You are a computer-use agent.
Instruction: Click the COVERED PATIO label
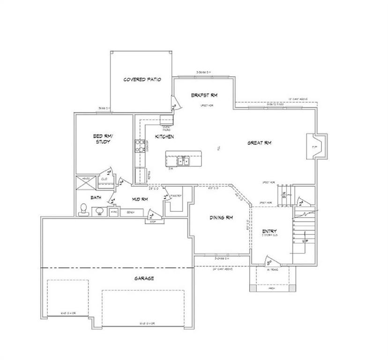(x=142, y=80)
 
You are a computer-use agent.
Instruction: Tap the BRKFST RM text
(x=204, y=95)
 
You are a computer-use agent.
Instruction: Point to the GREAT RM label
(x=260, y=142)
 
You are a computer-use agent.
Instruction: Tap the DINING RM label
(x=220, y=218)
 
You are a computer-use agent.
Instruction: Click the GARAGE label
(x=144, y=278)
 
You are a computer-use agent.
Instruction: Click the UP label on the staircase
(x=306, y=240)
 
